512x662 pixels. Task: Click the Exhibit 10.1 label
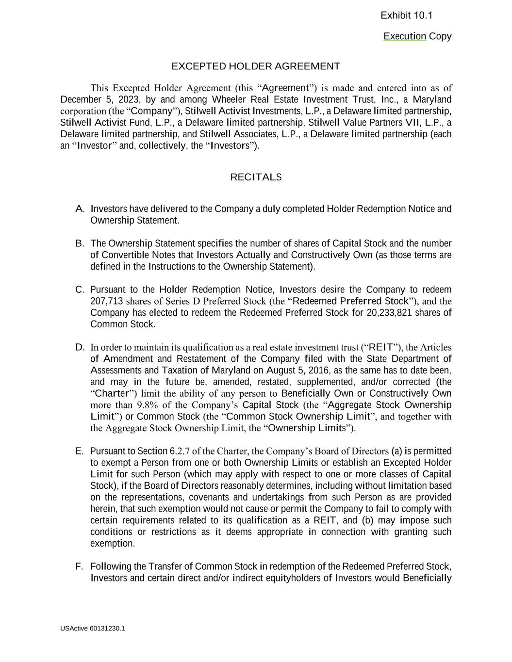tap(406, 16)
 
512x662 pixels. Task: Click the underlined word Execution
tap(404, 36)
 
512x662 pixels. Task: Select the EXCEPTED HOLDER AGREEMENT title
tap(256, 66)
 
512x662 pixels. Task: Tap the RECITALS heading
tap(256, 178)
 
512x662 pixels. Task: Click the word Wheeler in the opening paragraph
tap(228, 100)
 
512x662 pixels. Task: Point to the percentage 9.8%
tap(148, 405)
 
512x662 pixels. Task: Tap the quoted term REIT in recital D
tap(381, 347)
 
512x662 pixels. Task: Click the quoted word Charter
tap(112, 394)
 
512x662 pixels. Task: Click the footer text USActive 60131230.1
tap(93, 629)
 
